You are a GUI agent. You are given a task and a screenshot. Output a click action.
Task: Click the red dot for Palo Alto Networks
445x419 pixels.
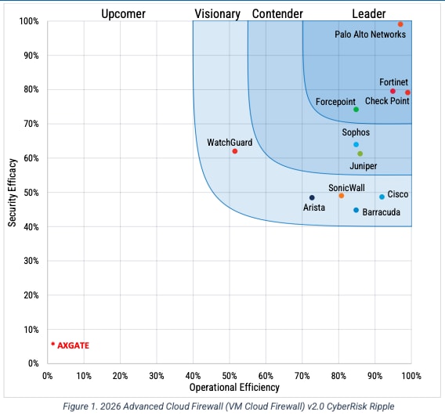coord(400,24)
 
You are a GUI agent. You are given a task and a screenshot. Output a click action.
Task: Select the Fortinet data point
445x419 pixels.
coord(393,91)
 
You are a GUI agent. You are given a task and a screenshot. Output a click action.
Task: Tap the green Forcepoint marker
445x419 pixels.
coord(356,110)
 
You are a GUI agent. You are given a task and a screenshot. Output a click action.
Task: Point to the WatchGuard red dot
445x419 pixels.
coord(235,151)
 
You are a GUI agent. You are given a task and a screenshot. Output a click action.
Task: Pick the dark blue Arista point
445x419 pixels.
coord(312,198)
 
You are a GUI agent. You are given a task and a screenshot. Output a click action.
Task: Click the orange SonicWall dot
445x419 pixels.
coord(341,196)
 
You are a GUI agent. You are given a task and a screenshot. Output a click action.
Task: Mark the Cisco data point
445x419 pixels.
coord(382,197)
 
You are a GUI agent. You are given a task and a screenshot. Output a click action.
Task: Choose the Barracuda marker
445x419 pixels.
coord(356,210)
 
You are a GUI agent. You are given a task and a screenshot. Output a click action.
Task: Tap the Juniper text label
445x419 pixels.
coord(363,166)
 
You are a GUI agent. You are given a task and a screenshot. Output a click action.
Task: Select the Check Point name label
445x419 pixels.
coord(387,102)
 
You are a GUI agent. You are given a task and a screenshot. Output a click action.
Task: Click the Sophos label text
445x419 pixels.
coord(356,132)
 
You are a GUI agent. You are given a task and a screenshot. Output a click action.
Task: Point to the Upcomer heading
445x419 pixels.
coord(123,13)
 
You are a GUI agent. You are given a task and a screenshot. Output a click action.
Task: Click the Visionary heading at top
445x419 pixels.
coord(217,13)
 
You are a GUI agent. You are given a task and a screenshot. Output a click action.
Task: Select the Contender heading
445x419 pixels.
coord(277,13)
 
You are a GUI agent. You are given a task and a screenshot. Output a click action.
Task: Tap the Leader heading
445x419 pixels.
coord(368,13)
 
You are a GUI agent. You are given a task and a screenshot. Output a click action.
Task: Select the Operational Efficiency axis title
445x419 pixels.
coord(234,388)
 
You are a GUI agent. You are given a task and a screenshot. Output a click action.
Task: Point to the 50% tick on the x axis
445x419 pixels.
coord(230,376)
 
